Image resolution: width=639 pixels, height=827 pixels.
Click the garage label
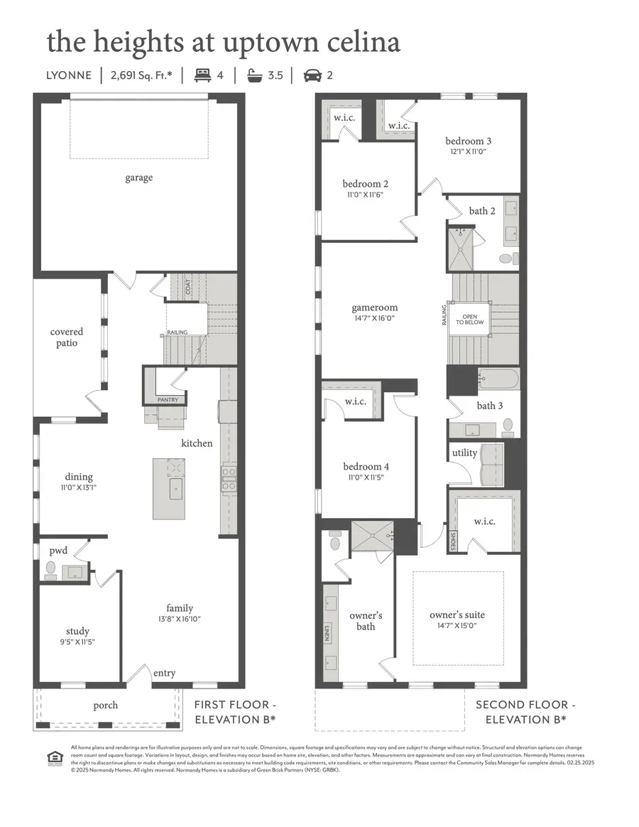(138, 178)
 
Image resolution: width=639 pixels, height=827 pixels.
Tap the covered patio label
(67, 337)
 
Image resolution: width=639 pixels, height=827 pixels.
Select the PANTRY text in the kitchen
(168, 400)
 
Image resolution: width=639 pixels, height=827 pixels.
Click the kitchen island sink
(175, 489)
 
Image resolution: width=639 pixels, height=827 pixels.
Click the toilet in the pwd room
(50, 569)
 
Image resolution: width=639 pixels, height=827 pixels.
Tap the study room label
(77, 631)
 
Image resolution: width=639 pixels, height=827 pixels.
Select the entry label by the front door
(164, 673)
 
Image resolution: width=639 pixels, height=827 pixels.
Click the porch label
(106, 706)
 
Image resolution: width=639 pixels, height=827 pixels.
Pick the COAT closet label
(188, 286)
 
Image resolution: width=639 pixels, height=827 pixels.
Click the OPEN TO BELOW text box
(469, 318)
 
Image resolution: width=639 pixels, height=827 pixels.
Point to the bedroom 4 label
(366, 467)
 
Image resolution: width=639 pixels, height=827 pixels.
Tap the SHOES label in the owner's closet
(454, 541)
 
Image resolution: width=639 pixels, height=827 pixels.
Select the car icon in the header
(311, 75)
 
